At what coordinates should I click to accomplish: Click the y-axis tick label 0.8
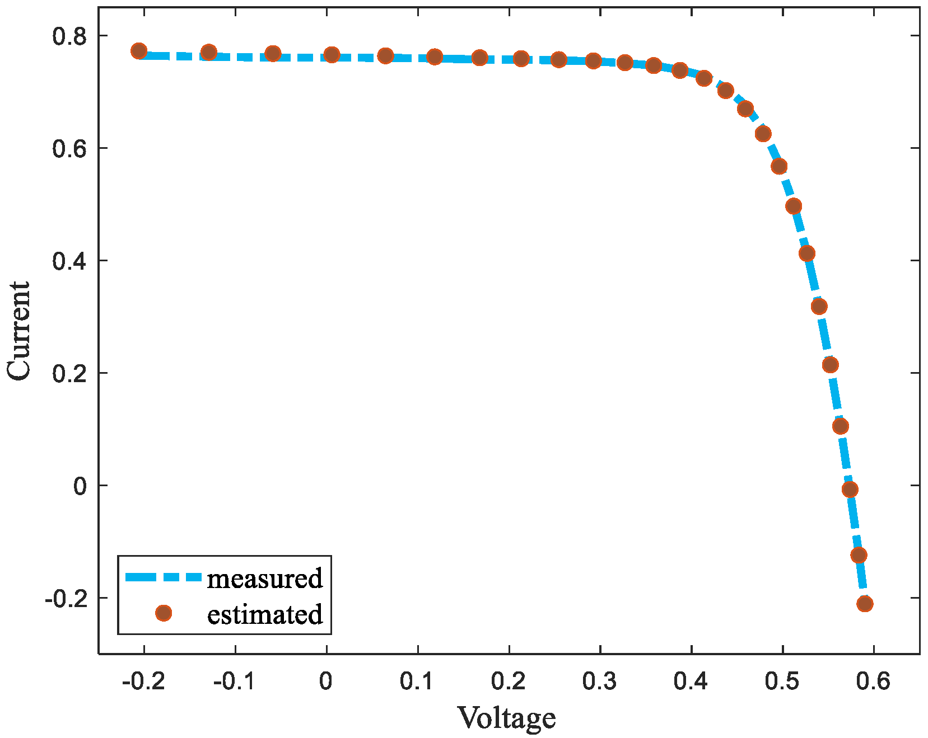(69, 37)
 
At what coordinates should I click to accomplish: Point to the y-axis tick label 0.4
(69, 262)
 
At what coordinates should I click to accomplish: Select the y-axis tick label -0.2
(66, 599)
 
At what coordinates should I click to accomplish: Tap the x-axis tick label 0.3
(600, 681)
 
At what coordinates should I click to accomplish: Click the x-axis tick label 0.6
(873, 681)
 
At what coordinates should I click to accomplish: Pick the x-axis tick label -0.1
(234, 681)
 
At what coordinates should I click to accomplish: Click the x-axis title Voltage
(507, 718)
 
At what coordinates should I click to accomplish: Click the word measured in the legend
(265, 578)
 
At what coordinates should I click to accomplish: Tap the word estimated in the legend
(265, 614)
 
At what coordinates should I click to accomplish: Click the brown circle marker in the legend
(164, 613)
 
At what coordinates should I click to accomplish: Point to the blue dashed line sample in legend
(162, 577)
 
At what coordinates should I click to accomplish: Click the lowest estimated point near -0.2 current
(865, 604)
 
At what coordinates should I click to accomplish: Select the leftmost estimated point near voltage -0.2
(139, 51)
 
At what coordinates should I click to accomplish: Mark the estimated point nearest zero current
(850, 490)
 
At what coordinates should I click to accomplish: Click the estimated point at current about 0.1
(841, 426)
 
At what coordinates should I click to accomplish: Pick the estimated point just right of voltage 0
(332, 55)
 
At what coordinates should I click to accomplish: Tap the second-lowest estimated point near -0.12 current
(859, 555)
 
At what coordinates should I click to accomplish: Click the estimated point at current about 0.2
(831, 365)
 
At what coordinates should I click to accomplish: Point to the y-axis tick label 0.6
(69, 149)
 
